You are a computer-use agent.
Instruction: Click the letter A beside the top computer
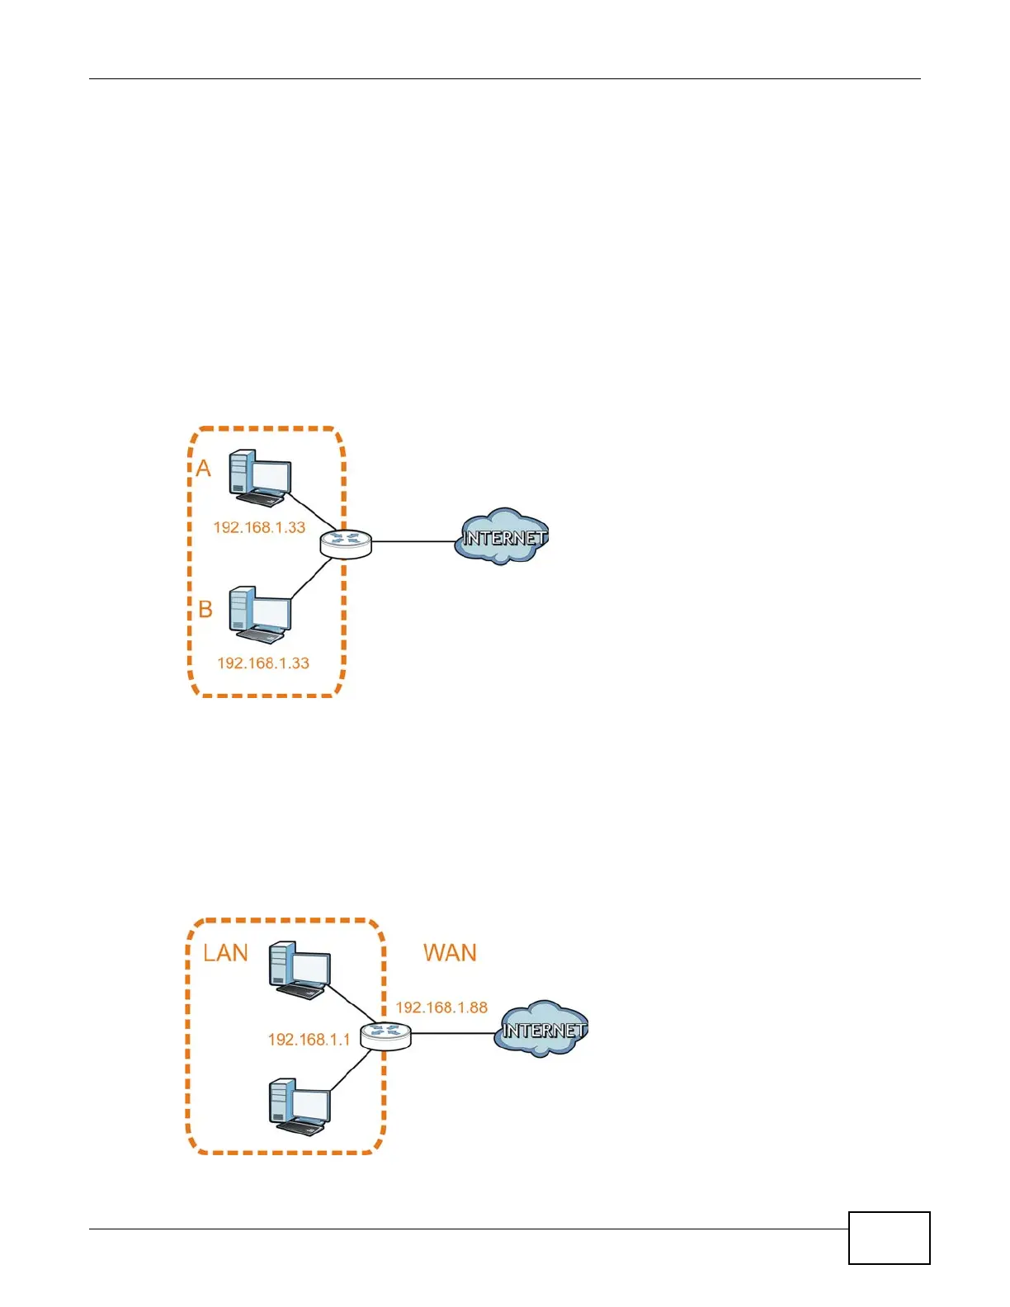[203, 469]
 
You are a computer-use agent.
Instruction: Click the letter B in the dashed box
[205, 610]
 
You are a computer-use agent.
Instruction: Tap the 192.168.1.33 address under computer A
[259, 527]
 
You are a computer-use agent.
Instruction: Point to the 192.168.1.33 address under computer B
[262, 663]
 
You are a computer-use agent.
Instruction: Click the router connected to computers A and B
[346, 543]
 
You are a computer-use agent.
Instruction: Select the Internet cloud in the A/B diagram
[502, 536]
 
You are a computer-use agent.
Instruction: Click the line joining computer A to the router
[311, 512]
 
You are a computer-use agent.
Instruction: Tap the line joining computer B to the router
[311, 578]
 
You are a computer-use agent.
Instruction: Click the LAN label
[225, 953]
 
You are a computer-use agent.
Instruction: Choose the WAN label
[450, 953]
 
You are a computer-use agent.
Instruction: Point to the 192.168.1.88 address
[441, 1007]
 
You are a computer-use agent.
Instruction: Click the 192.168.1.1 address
[309, 1040]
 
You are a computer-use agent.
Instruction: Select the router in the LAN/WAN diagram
[385, 1035]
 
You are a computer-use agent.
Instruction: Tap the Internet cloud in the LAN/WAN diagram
[541, 1029]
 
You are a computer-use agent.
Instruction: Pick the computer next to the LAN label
[300, 970]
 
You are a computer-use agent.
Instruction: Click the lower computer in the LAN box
[300, 1106]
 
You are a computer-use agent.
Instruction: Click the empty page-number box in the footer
[889, 1238]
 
